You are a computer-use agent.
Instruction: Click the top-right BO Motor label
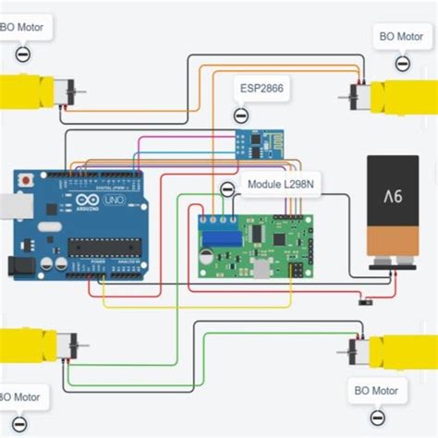tap(401, 38)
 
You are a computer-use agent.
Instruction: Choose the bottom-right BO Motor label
tap(376, 390)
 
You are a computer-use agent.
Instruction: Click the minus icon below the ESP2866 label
tap(240, 116)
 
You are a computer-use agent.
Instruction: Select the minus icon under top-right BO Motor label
tap(402, 63)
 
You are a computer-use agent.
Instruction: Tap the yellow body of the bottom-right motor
tap(402, 352)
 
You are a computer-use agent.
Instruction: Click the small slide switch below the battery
tap(363, 301)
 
